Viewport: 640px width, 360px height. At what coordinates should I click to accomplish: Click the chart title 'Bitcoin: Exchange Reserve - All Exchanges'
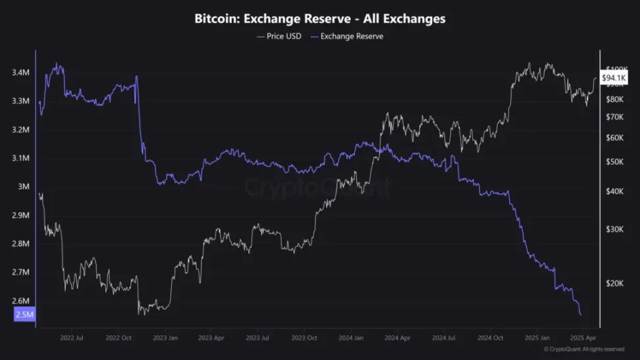pos(320,19)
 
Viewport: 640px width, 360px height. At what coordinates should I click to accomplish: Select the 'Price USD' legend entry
pos(279,36)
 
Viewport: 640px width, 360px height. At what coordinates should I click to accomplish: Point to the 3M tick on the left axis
pos(23,186)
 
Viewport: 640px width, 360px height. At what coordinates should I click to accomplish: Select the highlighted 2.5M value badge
pos(24,315)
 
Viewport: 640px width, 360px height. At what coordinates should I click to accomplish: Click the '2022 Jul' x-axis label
pos(71,338)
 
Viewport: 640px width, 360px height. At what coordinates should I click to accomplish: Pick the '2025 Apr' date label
pos(582,338)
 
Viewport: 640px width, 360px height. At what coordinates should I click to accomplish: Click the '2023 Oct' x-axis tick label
pos(304,338)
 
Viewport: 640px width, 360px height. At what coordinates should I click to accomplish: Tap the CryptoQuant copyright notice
pos(584,349)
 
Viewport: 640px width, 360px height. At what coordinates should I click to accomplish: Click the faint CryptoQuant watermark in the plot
pos(317,188)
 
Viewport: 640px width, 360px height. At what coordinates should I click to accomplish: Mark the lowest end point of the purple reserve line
pos(581,315)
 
